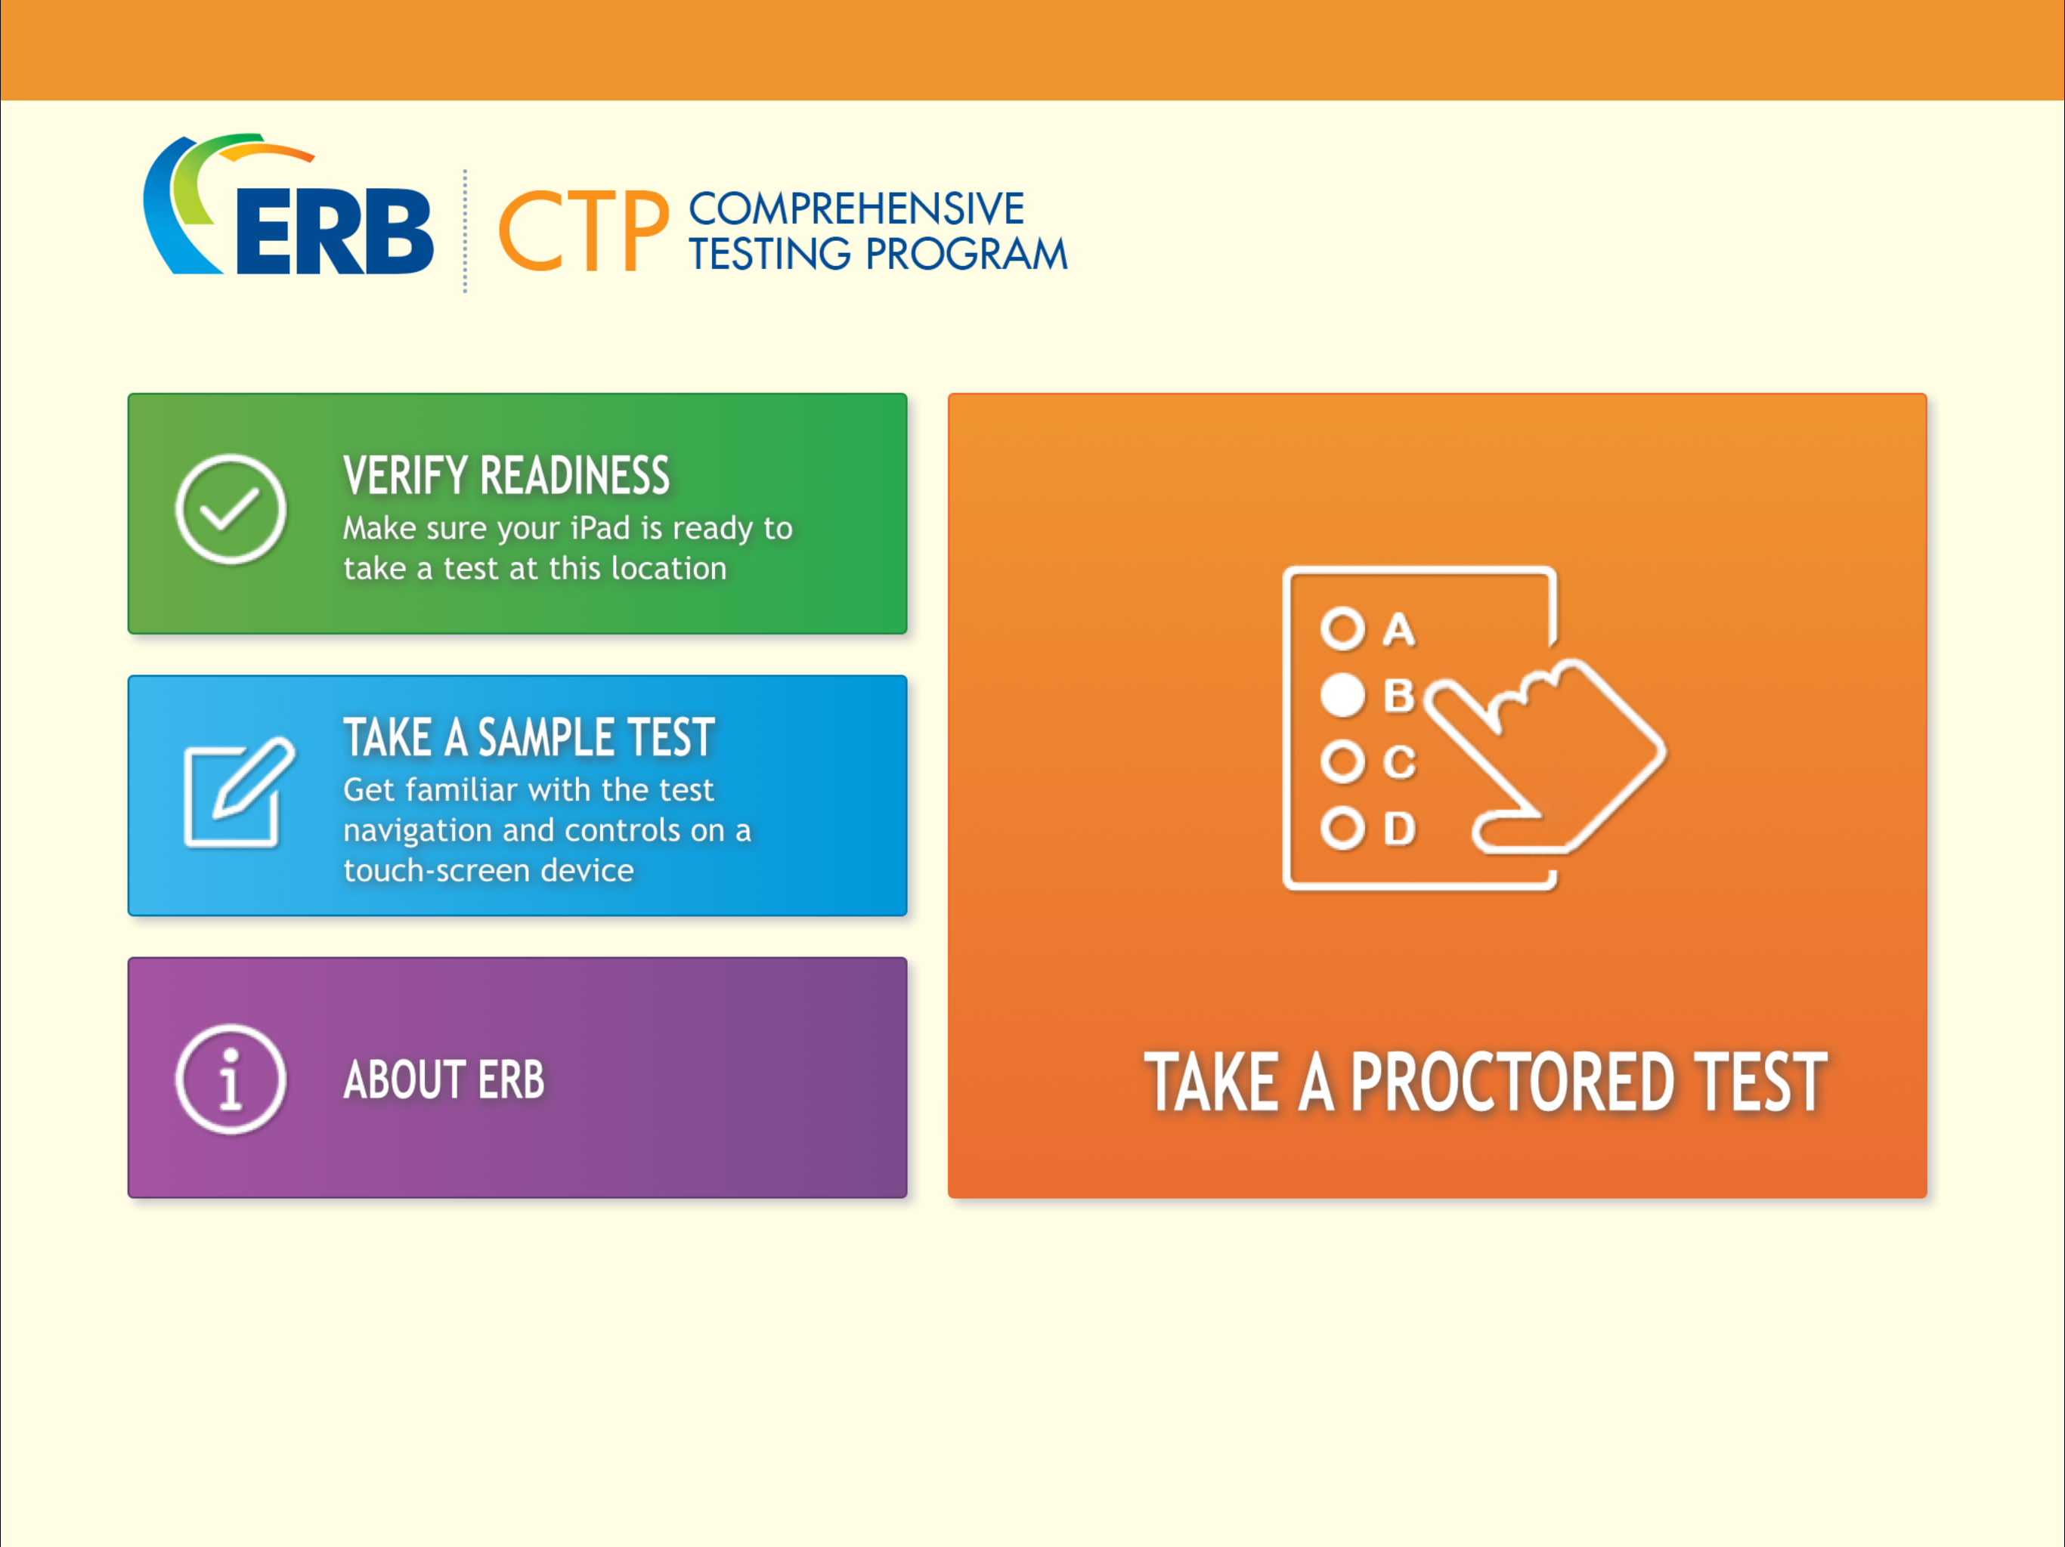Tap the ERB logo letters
[334, 233]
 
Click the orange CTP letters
[584, 230]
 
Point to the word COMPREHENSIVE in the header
[856, 209]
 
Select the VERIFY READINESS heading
[506, 476]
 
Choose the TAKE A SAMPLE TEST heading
[528, 737]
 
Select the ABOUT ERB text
[444, 1079]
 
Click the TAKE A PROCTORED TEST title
[1485, 1082]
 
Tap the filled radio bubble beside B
[1342, 695]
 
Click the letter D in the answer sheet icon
[1398, 829]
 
